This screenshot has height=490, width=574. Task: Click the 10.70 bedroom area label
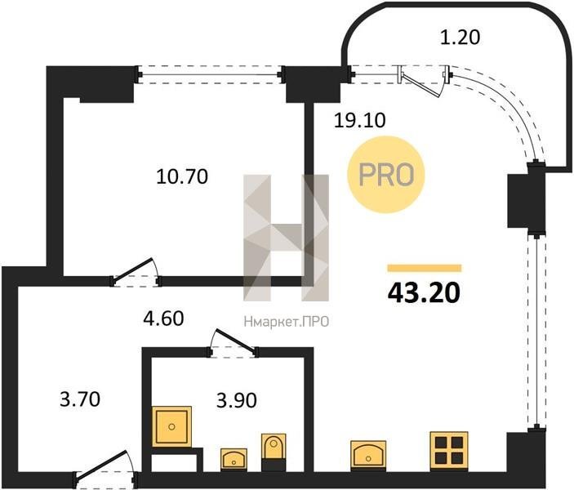tap(182, 176)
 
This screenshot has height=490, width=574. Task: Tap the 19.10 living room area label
tap(359, 120)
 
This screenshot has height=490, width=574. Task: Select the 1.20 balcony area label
tap(460, 37)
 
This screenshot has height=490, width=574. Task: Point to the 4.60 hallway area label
tap(163, 318)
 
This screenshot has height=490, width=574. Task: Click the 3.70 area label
tap(80, 399)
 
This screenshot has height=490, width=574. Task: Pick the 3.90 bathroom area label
tap(237, 400)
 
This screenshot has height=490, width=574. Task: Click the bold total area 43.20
tap(424, 293)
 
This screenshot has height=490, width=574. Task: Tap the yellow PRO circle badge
tap(386, 174)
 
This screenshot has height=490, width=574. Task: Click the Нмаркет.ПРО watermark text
tap(287, 322)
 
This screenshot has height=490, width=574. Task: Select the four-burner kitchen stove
tap(449, 451)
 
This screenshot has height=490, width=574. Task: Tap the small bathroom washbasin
tap(234, 459)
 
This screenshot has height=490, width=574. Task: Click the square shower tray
tap(171, 426)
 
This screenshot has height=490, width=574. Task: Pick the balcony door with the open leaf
tap(424, 80)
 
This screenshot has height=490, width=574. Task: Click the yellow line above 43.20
tap(425, 268)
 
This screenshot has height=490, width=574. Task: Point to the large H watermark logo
tap(287, 238)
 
